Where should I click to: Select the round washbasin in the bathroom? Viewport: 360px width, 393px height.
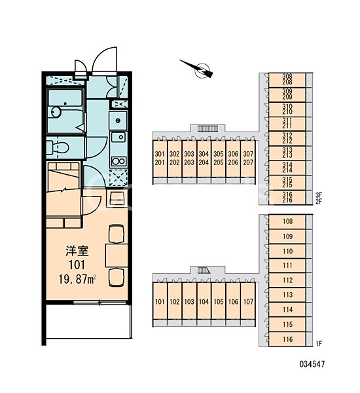tap(56, 112)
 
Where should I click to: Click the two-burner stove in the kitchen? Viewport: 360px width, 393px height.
tap(118, 161)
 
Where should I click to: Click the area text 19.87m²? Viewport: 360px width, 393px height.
tap(77, 279)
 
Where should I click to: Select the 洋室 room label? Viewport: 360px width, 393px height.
tap(77, 251)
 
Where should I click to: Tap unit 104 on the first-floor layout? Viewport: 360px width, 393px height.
tap(204, 301)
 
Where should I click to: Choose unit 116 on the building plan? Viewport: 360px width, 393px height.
tap(287, 339)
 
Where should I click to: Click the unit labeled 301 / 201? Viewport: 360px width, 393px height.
tap(160, 159)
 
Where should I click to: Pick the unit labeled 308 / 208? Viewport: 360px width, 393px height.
tap(287, 79)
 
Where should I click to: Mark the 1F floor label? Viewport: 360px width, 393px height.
tap(319, 344)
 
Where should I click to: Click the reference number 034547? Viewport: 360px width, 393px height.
tap(312, 364)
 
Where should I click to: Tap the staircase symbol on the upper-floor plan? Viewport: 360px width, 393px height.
tap(207, 129)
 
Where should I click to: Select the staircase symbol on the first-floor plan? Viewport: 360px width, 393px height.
tap(203, 271)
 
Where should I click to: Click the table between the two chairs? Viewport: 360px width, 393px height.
tap(117, 255)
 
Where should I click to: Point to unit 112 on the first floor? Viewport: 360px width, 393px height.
tap(287, 280)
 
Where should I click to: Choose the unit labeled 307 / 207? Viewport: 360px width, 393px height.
tap(248, 159)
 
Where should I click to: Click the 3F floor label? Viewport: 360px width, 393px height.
tap(319, 195)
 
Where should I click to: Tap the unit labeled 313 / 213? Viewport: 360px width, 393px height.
tap(287, 153)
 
